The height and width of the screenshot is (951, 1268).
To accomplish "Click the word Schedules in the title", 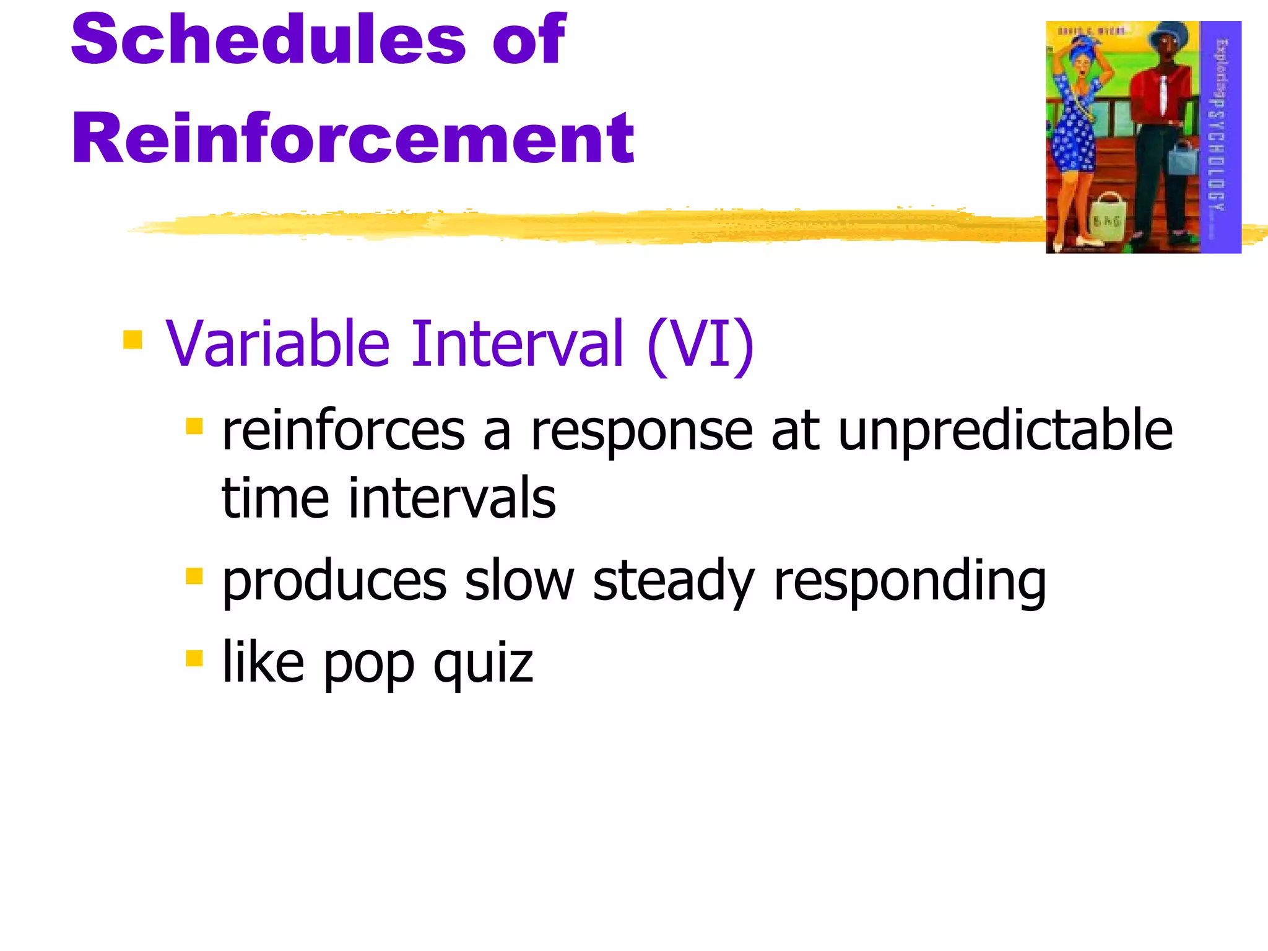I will coord(268,40).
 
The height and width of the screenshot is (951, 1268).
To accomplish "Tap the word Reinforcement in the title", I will coord(352,139).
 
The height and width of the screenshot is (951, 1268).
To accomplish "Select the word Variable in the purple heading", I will coord(277,344).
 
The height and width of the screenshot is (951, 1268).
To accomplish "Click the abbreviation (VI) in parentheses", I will coord(700,344).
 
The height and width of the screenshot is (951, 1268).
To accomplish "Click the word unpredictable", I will coord(1004,431).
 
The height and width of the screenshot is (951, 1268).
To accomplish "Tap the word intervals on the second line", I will coord(452,498).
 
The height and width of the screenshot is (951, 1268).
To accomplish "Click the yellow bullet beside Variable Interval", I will coord(132,340).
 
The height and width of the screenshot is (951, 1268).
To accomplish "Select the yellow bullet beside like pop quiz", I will coord(194,658).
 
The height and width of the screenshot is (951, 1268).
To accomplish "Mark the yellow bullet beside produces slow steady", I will coord(194,576).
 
